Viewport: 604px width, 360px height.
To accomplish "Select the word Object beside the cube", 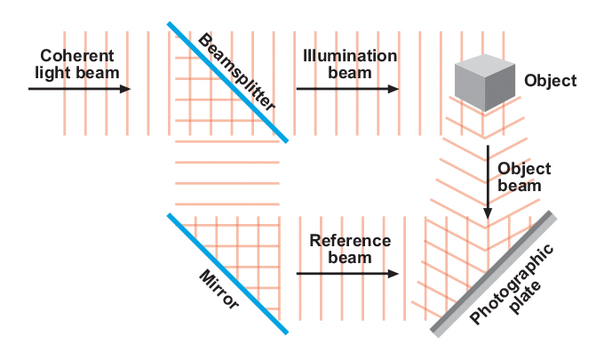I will (550, 81).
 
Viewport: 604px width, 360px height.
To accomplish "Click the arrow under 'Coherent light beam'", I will (79, 89).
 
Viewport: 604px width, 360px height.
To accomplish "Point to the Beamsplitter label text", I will (236, 73).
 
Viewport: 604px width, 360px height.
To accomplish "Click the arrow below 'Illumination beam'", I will (346, 89).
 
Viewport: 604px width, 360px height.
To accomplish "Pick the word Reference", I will (350, 241).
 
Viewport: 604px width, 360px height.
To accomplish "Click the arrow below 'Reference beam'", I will (346, 274).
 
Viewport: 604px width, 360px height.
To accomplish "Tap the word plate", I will (535, 290).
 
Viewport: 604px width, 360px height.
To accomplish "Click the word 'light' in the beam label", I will (52, 72).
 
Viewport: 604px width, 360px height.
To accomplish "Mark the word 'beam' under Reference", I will (350, 258).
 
